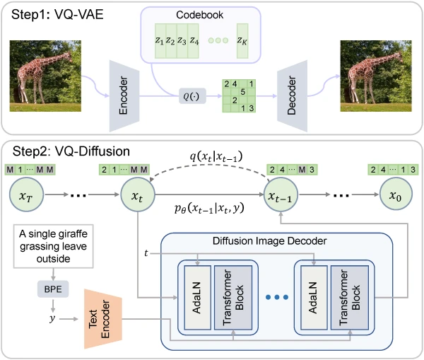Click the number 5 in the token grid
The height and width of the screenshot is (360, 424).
pos(244,91)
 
